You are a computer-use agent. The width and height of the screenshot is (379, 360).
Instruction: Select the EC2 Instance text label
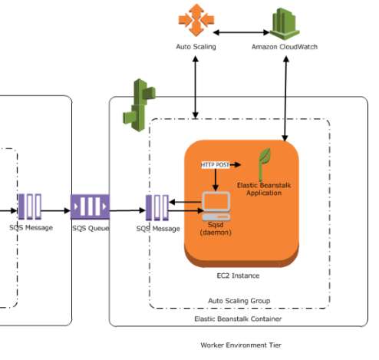click(x=240, y=275)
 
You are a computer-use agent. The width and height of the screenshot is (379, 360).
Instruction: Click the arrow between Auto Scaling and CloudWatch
click(x=241, y=32)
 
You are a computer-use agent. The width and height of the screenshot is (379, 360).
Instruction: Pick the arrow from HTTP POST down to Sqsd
click(x=217, y=179)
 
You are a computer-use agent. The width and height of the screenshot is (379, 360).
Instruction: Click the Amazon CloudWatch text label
click(x=285, y=48)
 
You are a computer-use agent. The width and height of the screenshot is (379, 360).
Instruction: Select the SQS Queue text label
click(x=91, y=229)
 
